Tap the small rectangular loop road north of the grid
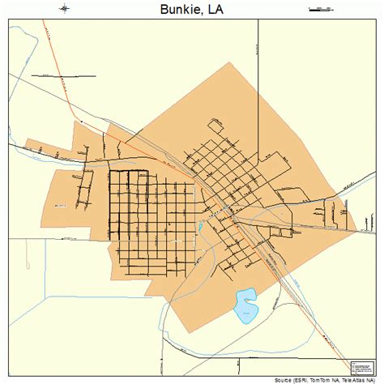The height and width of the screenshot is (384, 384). click(x=216, y=126)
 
